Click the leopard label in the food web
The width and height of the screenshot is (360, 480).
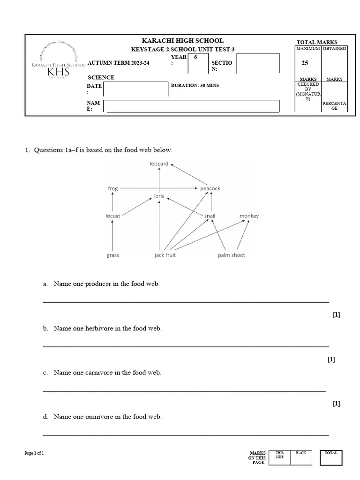(x=159, y=164)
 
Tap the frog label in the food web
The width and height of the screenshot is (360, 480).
(x=113, y=188)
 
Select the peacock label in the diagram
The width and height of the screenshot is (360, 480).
(x=210, y=188)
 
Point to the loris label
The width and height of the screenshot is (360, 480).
(x=159, y=196)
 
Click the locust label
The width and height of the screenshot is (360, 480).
(x=113, y=216)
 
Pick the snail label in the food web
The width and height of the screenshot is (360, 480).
(x=210, y=216)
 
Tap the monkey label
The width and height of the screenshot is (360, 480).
(x=249, y=216)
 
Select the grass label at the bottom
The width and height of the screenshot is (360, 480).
(x=112, y=255)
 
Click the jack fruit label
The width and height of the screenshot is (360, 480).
(x=165, y=255)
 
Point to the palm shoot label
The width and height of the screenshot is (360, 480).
(x=231, y=255)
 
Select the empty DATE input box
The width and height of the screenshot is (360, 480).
(x=135, y=89)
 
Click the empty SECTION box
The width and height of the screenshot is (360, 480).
(x=258, y=63)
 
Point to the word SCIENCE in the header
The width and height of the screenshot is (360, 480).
(x=101, y=77)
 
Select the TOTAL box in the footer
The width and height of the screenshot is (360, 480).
(x=331, y=457)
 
